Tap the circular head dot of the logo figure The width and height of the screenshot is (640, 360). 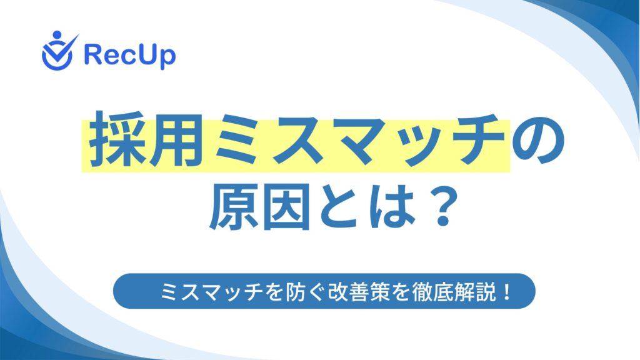point(57,35)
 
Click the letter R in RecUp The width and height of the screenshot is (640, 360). point(92,54)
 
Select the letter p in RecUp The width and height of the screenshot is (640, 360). point(168,58)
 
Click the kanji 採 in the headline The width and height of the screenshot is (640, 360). point(117,139)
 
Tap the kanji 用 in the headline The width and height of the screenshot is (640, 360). point(177,139)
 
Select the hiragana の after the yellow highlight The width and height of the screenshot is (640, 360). point(539,141)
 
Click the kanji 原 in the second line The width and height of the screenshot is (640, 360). point(234,206)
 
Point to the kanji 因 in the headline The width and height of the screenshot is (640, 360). point(286,206)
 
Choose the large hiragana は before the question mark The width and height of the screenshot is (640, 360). point(392,206)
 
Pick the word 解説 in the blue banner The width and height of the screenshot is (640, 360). point(475,291)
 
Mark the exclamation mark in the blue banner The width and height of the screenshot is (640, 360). point(507,291)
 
